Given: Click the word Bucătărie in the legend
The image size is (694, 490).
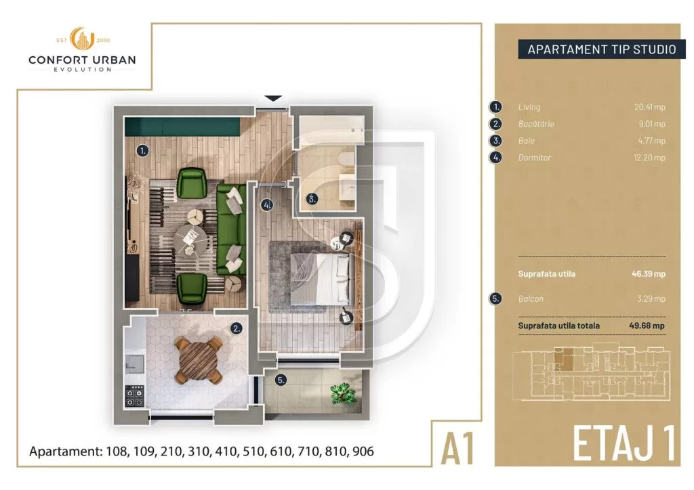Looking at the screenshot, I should coord(536,124).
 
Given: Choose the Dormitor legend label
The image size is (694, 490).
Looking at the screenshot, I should coord(535,158).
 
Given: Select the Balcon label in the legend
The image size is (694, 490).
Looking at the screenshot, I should coord(531,298).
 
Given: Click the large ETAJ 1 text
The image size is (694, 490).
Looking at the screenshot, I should coord(624,443).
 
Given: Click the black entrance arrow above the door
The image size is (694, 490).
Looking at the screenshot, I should coord(273,99).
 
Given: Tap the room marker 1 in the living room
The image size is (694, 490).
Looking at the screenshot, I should coord(142,151).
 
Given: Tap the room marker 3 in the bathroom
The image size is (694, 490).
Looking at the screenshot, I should coord(311,199).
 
